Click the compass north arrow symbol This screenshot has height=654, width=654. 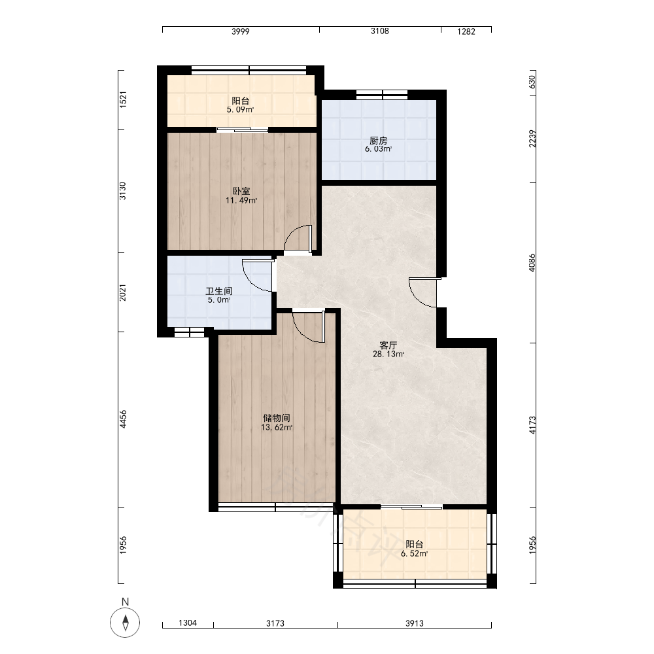tap(125, 623)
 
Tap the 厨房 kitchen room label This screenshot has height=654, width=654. tap(378, 141)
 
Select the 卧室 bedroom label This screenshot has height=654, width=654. tap(241, 192)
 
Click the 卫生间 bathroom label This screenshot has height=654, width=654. tap(219, 291)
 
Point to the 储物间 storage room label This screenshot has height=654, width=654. tap(277, 418)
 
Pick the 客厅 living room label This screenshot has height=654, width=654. tap(388, 345)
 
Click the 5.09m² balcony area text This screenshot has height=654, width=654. tap(240, 110)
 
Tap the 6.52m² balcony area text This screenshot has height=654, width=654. tap(414, 553)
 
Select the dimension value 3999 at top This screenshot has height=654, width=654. tap(241, 31)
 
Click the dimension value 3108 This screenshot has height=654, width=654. tap(380, 31)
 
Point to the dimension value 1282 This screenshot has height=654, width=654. tap(466, 31)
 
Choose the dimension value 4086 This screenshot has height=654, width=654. tap(532, 263)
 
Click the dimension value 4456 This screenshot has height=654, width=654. tap(123, 419)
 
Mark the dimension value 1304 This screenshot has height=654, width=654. tap(188, 623)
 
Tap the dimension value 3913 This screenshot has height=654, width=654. tap(414, 623)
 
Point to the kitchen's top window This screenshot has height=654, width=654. tap(382, 95)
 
